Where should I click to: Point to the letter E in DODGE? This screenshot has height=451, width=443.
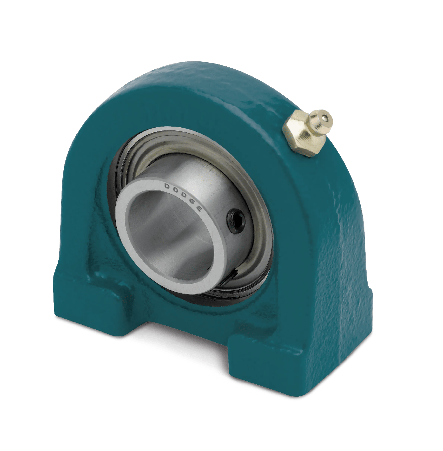point(199,208)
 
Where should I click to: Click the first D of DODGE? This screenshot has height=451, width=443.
point(168,186)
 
